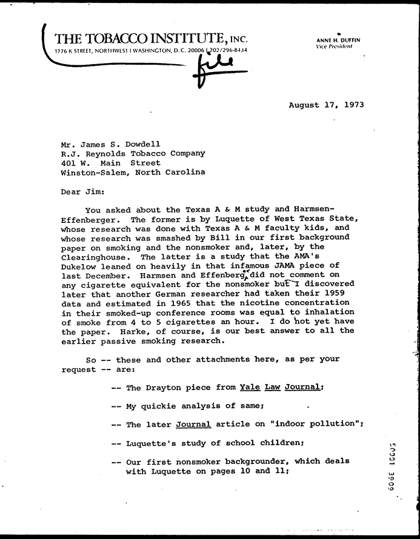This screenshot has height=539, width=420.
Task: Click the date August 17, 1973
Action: tap(326, 105)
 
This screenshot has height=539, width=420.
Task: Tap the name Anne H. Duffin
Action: tap(338, 40)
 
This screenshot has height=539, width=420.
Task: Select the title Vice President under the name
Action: tap(335, 47)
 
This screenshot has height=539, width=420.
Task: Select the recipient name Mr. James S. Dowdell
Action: tap(111, 144)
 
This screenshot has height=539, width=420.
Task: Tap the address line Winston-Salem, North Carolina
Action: tap(133, 172)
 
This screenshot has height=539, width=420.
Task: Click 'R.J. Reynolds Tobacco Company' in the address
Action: tap(133, 153)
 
